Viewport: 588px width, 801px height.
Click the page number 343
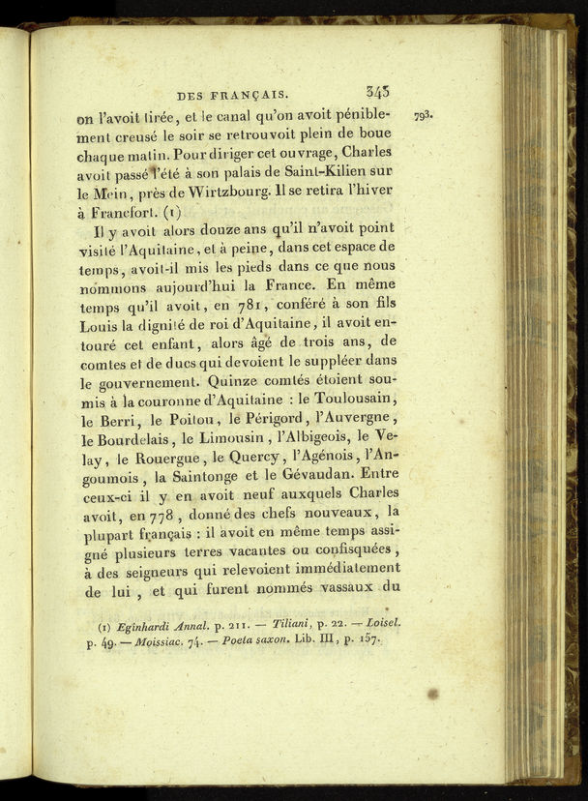click(378, 92)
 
